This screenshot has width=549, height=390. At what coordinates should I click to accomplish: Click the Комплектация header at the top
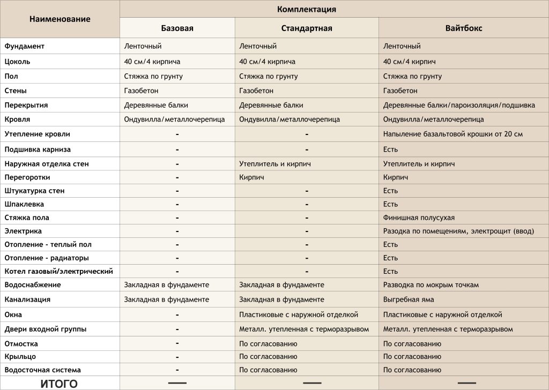coord(307,9)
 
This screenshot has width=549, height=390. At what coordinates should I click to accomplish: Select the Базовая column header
coord(177,28)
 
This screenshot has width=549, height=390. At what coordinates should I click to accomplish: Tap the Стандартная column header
coord(307,28)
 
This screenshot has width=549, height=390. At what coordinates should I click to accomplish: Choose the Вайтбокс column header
coord(464,28)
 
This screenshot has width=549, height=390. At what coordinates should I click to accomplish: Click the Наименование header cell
coord(60,19)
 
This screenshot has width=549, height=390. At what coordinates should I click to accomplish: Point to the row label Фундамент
coord(25,46)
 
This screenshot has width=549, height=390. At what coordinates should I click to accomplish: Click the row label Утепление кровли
coord(38,134)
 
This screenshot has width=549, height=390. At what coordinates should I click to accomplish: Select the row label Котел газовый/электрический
coord(59,271)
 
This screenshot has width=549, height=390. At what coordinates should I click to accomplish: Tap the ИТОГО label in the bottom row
coord(59,384)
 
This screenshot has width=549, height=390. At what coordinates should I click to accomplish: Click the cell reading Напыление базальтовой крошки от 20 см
coord(453,134)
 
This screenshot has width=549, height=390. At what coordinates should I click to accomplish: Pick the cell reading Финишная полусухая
coord(419,217)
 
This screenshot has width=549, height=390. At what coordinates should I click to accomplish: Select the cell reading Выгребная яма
coord(409,299)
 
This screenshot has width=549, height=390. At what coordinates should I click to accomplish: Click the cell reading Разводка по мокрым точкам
coord(431,284)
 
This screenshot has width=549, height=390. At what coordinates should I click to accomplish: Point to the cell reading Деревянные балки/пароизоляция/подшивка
coord(459,105)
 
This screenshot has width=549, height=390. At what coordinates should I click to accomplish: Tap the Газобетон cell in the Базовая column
coord(141,91)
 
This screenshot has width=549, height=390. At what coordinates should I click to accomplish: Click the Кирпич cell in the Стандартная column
coord(251,177)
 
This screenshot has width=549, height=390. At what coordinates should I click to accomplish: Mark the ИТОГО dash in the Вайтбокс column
coord(466,383)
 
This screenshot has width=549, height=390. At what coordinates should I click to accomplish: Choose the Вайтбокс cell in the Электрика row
coord(458,231)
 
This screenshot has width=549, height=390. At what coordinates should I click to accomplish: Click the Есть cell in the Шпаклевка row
coord(390,204)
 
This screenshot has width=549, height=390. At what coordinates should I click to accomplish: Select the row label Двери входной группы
coord(46,329)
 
